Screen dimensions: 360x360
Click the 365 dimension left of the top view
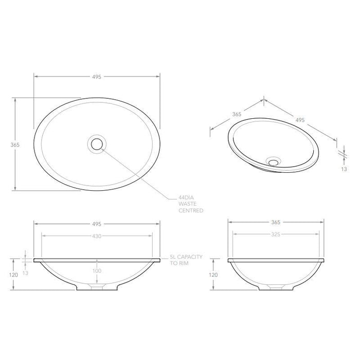pos(14,145)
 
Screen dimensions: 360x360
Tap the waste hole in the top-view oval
pos(96,143)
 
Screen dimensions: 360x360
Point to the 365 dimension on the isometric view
pos(237,115)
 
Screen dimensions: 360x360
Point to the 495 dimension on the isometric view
pos(300,119)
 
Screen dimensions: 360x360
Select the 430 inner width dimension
pos(96,236)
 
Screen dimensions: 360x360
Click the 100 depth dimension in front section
pos(96,271)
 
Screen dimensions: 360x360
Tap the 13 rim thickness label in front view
pos(24,273)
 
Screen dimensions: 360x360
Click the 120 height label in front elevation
pos(14,275)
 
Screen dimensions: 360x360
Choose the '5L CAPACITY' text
pos(187,256)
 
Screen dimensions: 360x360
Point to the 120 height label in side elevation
pos(211,275)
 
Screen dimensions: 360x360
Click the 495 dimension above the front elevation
pos(96,224)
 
